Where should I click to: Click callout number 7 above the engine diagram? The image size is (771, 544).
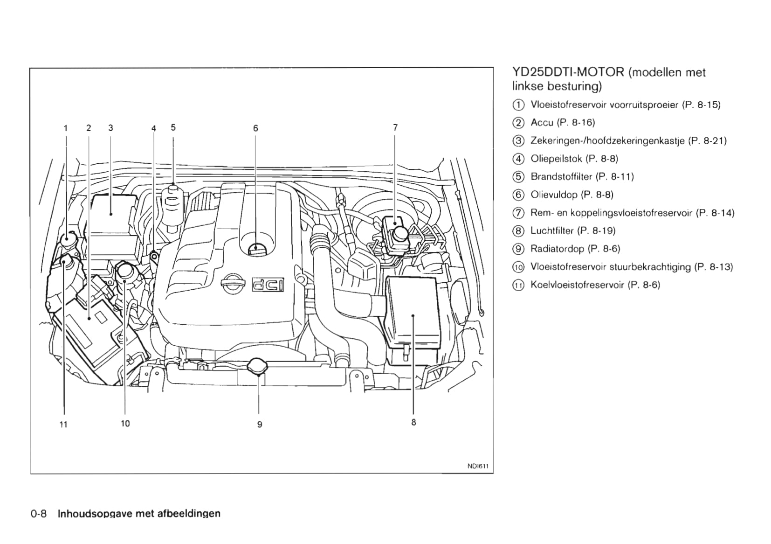tap(395, 127)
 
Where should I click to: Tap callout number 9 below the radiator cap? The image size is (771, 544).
tap(260, 424)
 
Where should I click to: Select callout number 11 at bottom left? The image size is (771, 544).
tap(63, 424)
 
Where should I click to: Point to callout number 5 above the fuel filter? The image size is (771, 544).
tap(173, 127)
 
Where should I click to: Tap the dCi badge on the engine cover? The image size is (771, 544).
tap(268, 284)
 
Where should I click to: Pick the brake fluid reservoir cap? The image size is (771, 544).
tap(399, 233)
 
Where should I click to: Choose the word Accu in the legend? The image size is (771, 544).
tap(542, 123)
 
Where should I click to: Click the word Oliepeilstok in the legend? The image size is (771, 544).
tap(556, 159)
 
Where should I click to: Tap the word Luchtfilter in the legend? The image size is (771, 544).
tap(552, 230)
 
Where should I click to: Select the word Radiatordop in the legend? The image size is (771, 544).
tap(557, 249)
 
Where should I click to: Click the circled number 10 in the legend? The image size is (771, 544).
tap(518, 267)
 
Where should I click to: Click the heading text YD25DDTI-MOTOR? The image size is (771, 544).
tap(568, 72)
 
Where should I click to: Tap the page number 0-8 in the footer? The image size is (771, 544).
tap(39, 514)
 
